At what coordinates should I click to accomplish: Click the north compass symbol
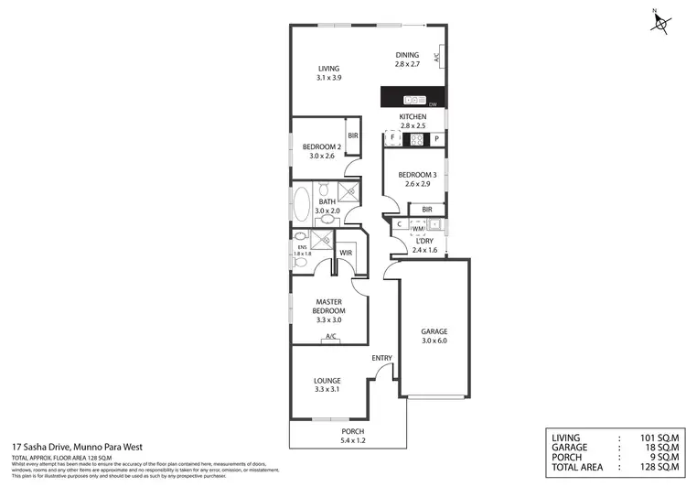pos(660,22)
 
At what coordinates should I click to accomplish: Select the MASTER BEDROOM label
pos(328,305)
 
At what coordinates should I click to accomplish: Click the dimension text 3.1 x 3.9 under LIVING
pos(328,78)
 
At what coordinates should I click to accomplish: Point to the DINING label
pos(407,54)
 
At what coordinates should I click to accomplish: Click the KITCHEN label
pos(413,118)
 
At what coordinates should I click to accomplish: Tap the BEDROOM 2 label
pos(322,146)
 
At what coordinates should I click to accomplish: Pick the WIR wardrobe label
pos(347,252)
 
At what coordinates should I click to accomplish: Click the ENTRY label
pos(381,358)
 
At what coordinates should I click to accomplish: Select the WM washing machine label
pos(417,228)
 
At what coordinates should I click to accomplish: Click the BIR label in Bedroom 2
pos(352,136)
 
